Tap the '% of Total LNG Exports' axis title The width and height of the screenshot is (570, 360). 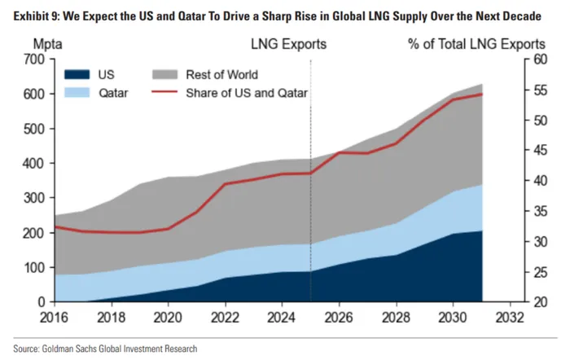[x=476, y=42]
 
